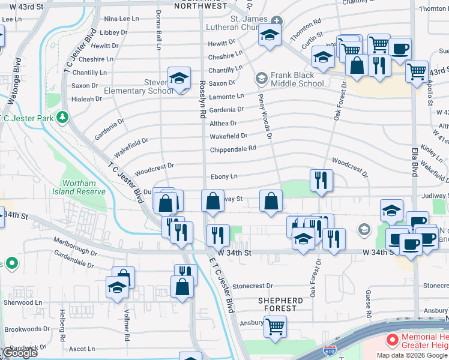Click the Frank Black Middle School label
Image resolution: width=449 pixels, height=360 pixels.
click(x=297, y=79)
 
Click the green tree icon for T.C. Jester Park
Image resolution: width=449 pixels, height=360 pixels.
click(x=62, y=116)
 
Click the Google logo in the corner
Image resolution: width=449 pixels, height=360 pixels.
click(x=20, y=352)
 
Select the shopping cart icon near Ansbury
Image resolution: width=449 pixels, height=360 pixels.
click(x=275, y=327)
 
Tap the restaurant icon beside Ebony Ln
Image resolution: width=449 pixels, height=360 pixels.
click(x=321, y=180)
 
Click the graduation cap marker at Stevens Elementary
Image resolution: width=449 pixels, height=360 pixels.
click(x=179, y=79)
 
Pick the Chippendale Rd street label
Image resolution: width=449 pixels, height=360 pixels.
click(x=233, y=148)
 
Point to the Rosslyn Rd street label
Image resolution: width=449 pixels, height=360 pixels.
click(x=203, y=99)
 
